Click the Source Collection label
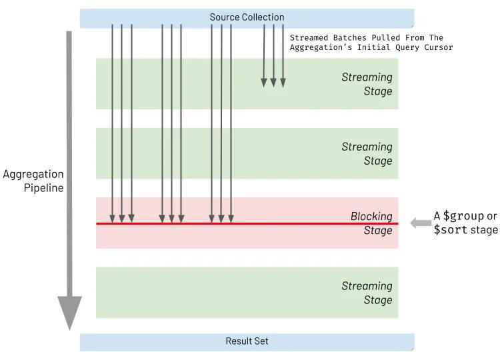pyautogui.click(x=247, y=17)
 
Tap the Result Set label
pyautogui.click(x=247, y=341)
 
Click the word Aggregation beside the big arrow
pyautogui.click(x=33, y=175)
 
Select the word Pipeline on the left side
pyautogui.click(x=43, y=188)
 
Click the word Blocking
pyautogui.click(x=371, y=216)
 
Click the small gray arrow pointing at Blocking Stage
pyautogui.click(x=420, y=223)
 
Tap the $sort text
pyautogui.click(x=450, y=230)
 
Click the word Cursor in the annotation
pyautogui.click(x=437, y=47)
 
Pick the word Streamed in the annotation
pyautogui.click(x=309, y=38)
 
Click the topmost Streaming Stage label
pyautogui.click(x=367, y=84)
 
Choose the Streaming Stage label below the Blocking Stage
pyautogui.click(x=367, y=293)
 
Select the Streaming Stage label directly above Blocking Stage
pyautogui.click(x=367, y=153)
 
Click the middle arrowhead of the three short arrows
pyautogui.click(x=273, y=83)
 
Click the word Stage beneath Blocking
pyautogui.click(x=378, y=231)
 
